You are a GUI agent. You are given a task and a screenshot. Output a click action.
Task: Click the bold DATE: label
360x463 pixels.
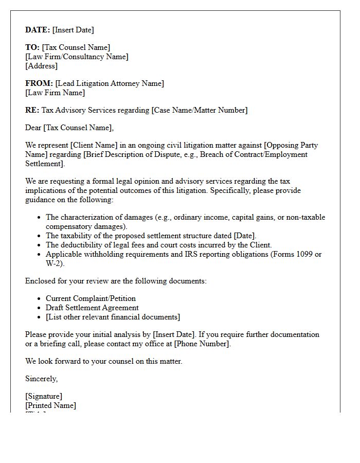tap(38, 30)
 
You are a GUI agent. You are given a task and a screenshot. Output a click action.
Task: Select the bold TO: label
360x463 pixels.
tap(32, 47)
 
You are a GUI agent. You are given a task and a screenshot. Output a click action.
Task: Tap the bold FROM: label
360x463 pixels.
tap(39, 83)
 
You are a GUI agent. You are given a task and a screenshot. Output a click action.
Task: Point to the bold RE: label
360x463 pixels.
tap(32, 110)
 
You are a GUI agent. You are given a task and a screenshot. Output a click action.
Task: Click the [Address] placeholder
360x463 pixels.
tap(41, 66)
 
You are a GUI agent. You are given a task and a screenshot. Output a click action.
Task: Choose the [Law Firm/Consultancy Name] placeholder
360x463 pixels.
tap(77, 57)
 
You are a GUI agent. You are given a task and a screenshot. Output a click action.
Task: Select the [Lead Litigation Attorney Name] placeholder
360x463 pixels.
tap(110, 83)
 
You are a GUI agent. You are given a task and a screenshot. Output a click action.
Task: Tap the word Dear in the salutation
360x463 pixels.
tap(33, 128)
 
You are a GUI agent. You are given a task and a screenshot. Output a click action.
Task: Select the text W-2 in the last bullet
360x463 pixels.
tap(54, 263)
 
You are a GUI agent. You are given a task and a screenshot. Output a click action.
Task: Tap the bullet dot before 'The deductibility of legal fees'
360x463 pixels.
tap(39, 245)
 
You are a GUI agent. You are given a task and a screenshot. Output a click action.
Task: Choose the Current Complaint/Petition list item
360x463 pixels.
tap(91, 298)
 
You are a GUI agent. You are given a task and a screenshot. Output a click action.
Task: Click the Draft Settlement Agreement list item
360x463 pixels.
tap(92, 308)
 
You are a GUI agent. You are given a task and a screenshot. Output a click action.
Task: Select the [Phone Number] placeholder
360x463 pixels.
tap(202, 344)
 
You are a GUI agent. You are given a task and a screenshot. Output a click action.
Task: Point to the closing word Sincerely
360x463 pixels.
tap(41, 379)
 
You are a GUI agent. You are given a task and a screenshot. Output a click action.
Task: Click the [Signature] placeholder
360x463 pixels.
tap(44, 396)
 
